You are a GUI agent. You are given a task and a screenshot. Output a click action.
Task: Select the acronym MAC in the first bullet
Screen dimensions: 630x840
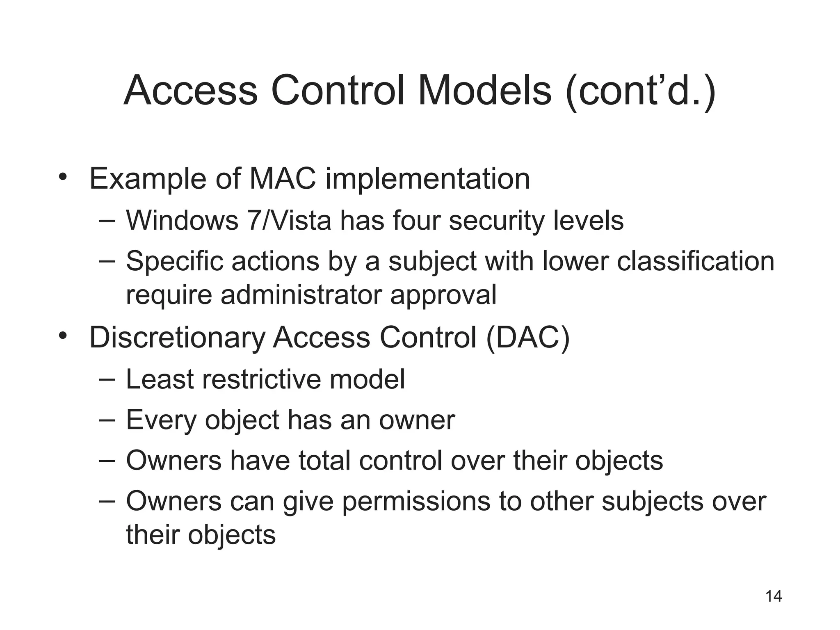283,179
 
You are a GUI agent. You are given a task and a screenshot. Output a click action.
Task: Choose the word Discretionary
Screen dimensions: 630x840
178,338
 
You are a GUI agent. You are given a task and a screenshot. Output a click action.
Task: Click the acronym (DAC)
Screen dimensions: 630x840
527,338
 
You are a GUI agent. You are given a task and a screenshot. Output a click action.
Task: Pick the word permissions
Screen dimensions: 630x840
416,502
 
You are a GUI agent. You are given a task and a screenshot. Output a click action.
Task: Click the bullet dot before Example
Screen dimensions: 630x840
62,177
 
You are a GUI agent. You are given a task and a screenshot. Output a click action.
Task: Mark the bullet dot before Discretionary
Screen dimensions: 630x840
62,336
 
